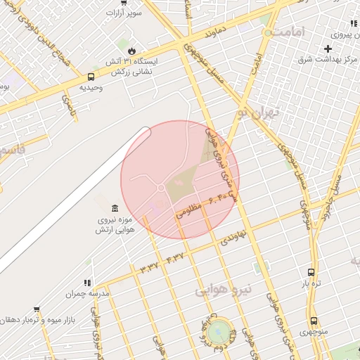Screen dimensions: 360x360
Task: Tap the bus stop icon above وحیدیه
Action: click(91, 77)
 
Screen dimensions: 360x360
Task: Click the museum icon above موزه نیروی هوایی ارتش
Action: click(114, 207)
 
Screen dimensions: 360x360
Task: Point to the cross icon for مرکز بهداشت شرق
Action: click(328, 48)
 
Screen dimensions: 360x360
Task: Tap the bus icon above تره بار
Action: click(311, 272)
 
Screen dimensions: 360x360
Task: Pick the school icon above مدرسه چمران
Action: click(89, 281)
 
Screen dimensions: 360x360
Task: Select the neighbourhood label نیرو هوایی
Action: click(223, 288)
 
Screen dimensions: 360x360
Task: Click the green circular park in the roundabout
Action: click(219, 328)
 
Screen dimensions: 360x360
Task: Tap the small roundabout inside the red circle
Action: click(161, 188)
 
